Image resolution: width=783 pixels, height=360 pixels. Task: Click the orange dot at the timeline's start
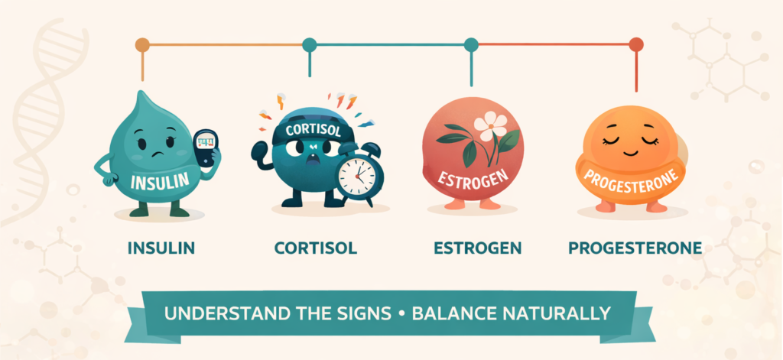pyautogui.click(x=142, y=45)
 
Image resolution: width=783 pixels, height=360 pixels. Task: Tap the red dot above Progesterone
pyautogui.click(x=635, y=45)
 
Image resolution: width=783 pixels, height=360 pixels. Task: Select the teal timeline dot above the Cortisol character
pyautogui.click(x=310, y=45)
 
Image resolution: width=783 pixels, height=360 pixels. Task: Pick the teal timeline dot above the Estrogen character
pyautogui.click(x=471, y=45)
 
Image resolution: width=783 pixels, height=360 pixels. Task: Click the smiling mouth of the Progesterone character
pyautogui.click(x=624, y=152)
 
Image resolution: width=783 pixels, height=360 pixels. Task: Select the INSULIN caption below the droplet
pyautogui.click(x=161, y=248)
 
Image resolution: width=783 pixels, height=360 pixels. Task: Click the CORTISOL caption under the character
pyautogui.click(x=316, y=248)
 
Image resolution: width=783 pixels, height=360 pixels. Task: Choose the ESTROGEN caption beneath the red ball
pyautogui.click(x=478, y=248)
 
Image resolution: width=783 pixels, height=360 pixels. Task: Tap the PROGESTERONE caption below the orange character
pyautogui.click(x=635, y=248)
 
